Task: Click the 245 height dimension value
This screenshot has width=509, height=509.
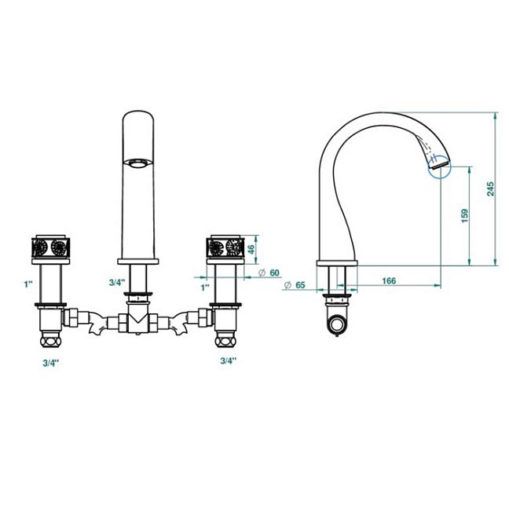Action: [x=490, y=189]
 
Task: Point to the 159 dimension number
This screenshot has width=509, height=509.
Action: [x=465, y=215]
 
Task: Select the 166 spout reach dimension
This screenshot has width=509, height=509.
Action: [x=389, y=280]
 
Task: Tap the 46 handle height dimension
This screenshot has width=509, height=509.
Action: [x=251, y=250]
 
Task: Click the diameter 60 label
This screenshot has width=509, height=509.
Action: [x=269, y=273]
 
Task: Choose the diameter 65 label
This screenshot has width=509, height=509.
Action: [x=295, y=285]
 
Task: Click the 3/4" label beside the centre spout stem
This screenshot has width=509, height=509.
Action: [x=117, y=283]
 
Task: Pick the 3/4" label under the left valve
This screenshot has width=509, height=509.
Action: [x=51, y=363]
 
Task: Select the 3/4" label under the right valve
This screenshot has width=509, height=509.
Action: [x=229, y=361]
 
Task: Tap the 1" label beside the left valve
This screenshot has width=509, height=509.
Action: [x=28, y=284]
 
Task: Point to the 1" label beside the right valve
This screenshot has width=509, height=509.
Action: [x=205, y=287]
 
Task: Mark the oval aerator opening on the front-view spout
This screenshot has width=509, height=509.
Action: [x=137, y=163]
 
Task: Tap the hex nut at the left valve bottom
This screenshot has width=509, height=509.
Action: [x=50, y=342]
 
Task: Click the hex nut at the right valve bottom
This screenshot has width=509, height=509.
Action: [x=225, y=342]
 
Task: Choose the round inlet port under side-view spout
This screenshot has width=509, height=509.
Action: [x=338, y=324]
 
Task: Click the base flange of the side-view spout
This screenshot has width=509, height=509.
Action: [x=337, y=263]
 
